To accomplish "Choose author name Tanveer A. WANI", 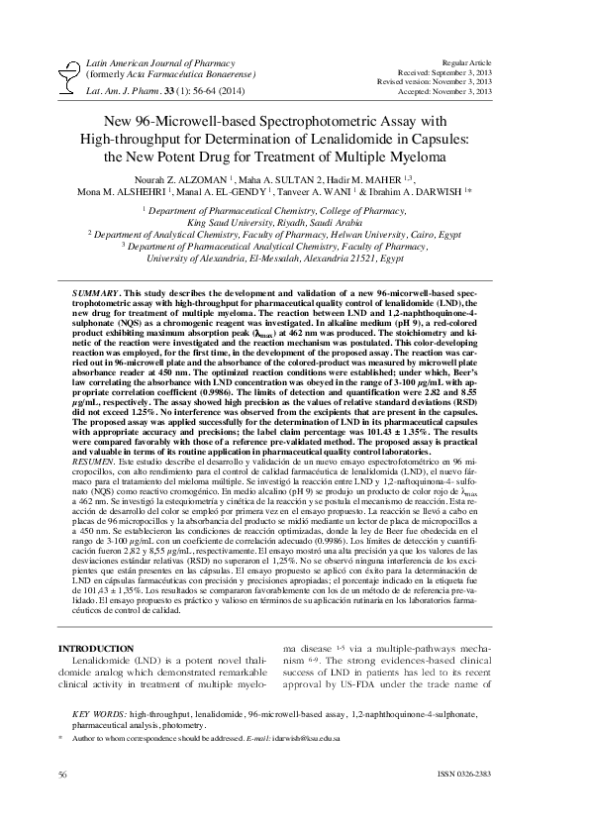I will [x=332, y=191].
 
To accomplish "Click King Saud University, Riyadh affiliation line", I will [x=294, y=224].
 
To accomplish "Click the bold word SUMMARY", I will [x=95, y=295].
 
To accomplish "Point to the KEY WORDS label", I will [x=100, y=713].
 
